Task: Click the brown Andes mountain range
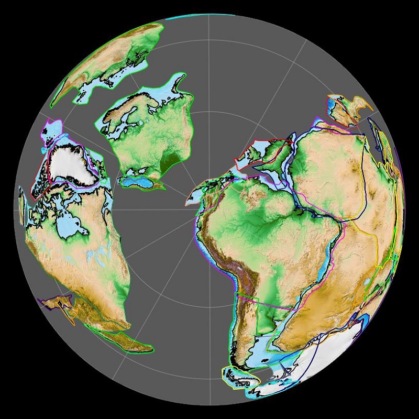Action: tap(238, 278)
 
